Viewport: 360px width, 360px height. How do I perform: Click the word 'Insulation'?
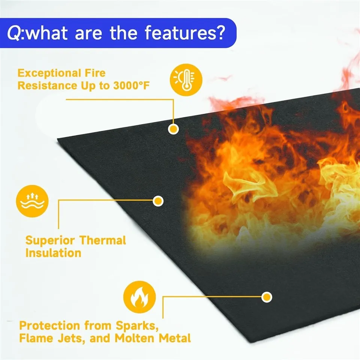click(53, 253)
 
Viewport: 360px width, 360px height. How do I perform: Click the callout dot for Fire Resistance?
click(173, 129)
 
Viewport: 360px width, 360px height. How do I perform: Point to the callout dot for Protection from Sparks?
click(267, 297)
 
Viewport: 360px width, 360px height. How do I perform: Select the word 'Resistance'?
click(46, 85)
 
